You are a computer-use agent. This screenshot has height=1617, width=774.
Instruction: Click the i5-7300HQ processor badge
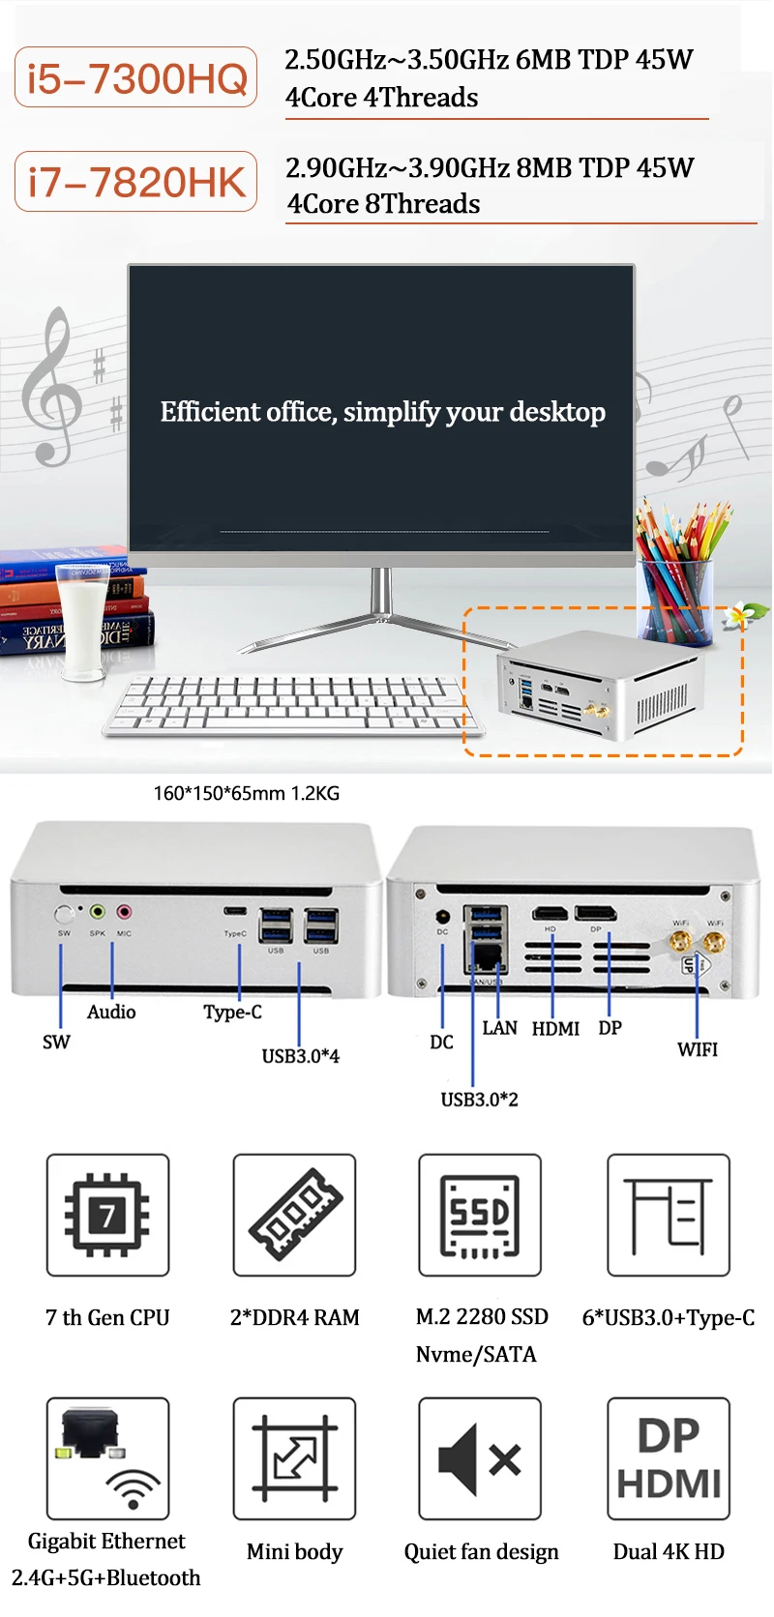[136, 77]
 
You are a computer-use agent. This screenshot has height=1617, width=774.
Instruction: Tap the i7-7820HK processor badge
[136, 182]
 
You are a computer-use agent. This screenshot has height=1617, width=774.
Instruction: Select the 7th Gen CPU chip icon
[107, 1215]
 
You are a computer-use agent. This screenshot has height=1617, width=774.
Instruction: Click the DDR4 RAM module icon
[294, 1215]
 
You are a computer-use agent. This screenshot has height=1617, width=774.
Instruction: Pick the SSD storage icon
[480, 1215]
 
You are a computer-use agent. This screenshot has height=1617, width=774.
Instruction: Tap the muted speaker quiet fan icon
[480, 1458]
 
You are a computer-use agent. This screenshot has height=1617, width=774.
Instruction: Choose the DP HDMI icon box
[669, 1458]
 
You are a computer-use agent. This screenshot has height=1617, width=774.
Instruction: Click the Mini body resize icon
[294, 1458]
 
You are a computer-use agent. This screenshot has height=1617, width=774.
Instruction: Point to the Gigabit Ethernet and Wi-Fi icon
[107, 1458]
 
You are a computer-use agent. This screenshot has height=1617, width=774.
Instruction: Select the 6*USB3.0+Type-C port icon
[669, 1215]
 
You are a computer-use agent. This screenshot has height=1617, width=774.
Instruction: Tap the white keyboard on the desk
[290, 704]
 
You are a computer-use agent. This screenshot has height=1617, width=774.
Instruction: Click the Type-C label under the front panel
[232, 1013]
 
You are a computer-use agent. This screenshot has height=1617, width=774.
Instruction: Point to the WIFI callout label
[698, 1049]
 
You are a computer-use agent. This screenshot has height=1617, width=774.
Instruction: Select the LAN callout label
[499, 1028]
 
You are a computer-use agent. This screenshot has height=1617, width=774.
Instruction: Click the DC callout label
[441, 1043]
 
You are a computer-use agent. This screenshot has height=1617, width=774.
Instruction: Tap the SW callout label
[56, 1042]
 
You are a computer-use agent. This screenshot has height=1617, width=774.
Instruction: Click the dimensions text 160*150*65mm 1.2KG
[247, 794]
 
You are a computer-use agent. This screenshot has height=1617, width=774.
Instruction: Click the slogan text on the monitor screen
[382, 412]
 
